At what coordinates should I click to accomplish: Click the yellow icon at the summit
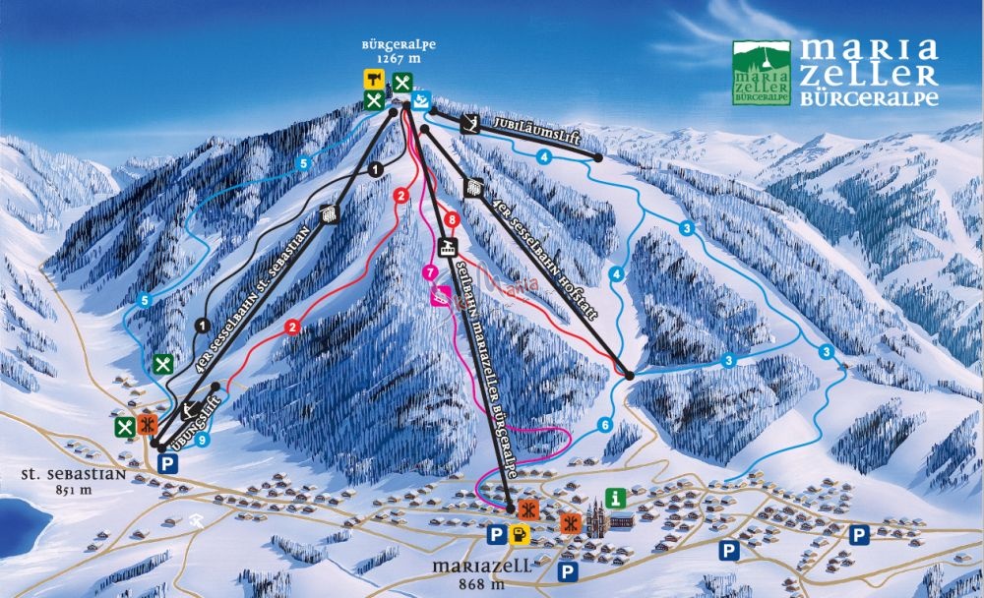click(374, 80)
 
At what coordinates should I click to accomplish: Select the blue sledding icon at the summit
click(421, 99)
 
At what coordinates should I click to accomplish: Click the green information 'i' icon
click(616, 497)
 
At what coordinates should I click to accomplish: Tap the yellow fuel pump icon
click(519, 533)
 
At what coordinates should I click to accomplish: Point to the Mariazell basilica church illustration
click(598, 519)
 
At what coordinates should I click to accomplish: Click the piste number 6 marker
click(604, 425)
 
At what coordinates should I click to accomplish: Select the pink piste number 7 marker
click(428, 271)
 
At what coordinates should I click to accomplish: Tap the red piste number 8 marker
click(452, 219)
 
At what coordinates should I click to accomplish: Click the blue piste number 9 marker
click(201, 441)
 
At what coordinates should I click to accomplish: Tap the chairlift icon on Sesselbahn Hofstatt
click(472, 187)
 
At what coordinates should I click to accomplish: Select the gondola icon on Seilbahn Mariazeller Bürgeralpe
click(449, 248)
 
